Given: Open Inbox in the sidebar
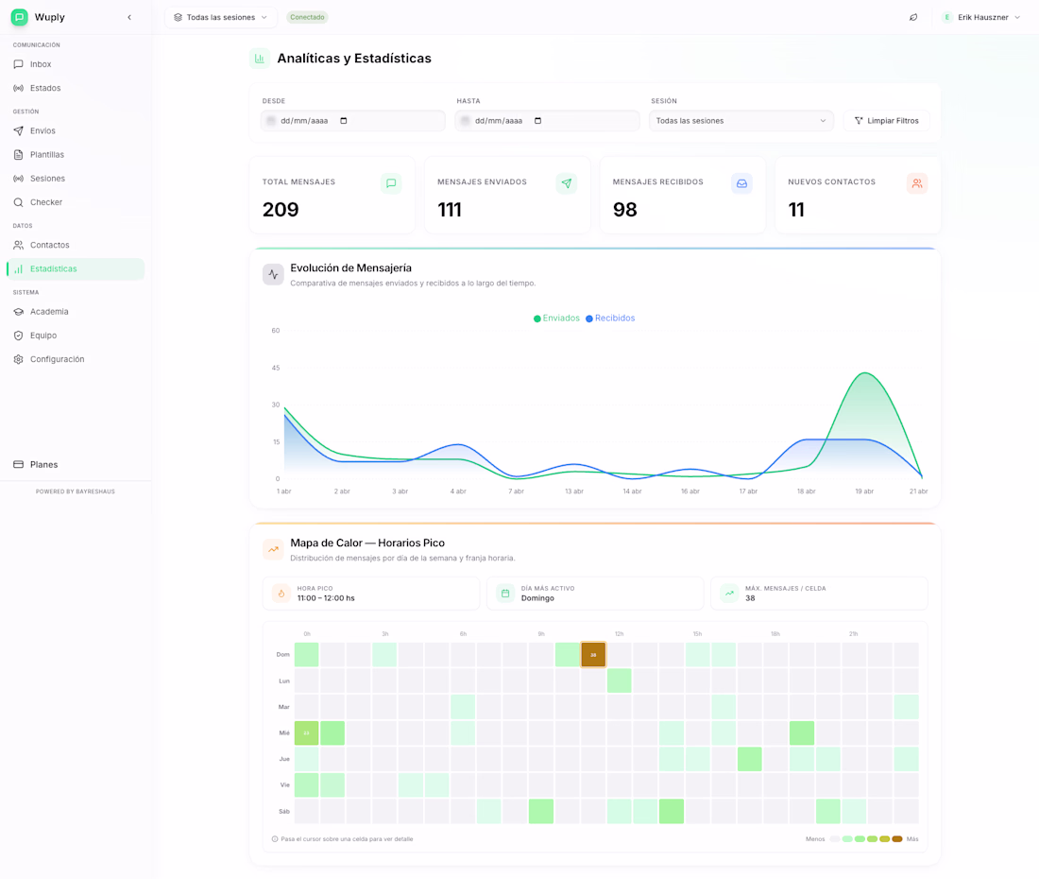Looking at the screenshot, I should click(40, 64).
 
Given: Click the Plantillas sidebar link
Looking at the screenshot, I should click(46, 155).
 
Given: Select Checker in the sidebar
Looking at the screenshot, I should click(45, 202).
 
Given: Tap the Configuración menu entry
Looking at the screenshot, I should click(57, 359).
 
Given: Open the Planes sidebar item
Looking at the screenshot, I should click(43, 465).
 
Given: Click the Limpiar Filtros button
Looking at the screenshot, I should click(886, 121).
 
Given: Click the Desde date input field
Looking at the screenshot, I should click(352, 121).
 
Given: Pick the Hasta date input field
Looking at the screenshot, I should click(547, 121).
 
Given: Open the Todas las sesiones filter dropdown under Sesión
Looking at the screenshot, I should click(741, 121).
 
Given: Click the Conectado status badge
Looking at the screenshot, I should click(307, 17).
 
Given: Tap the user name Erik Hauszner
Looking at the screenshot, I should click(982, 17).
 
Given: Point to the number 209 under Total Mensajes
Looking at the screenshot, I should click(281, 210).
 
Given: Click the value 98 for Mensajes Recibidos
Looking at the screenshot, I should click(624, 210).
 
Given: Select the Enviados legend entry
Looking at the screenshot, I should click(556, 319).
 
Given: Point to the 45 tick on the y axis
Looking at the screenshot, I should click(276, 368).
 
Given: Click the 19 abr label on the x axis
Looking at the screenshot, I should click(864, 491).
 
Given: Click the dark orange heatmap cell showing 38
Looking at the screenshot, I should click(593, 654).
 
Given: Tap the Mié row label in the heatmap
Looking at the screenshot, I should click(283, 732).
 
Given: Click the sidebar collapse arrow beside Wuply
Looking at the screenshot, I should click(129, 17).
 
